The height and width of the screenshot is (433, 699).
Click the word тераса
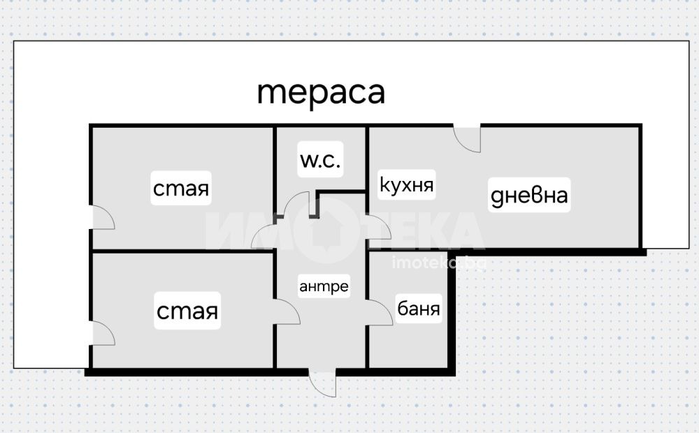point(321,93)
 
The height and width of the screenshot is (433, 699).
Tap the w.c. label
point(320,161)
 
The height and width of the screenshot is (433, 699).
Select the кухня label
point(407,185)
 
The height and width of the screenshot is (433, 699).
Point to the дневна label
point(528,196)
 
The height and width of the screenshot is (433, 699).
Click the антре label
point(324,286)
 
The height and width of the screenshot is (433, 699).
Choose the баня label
point(419,308)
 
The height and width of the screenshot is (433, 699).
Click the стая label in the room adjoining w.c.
point(181,189)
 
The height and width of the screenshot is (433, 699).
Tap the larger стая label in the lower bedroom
point(187,311)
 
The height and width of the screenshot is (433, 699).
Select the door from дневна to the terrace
point(468,138)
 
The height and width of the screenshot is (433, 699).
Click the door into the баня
point(380,312)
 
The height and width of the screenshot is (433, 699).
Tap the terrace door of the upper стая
point(103,218)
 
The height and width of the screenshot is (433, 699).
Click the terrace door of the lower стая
point(103,334)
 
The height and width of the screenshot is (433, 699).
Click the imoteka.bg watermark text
point(438,263)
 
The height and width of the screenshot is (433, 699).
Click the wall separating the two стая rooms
point(182,251)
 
